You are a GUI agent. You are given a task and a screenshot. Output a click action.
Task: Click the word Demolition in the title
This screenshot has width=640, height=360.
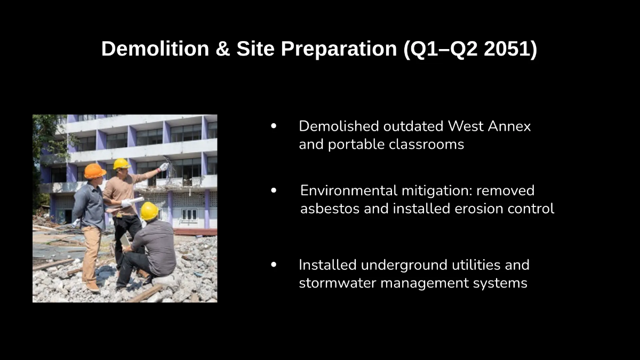coord(155,49)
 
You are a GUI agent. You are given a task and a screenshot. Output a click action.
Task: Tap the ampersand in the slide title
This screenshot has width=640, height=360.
coord(223,49)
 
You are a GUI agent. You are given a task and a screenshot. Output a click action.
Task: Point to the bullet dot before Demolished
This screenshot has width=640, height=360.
coord(274,126)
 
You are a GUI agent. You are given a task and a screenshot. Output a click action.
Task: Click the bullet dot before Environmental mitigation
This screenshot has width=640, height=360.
coord(274,190)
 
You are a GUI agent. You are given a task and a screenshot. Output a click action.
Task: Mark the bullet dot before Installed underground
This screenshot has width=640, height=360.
coord(274,265)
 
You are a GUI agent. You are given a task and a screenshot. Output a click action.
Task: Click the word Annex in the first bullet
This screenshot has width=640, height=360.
coord(509,126)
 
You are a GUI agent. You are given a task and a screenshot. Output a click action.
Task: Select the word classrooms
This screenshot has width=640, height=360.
coord(426,144)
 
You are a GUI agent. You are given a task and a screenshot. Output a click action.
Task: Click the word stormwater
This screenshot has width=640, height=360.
coord(338,283)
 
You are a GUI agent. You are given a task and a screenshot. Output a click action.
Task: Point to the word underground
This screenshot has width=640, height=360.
coord(404,265)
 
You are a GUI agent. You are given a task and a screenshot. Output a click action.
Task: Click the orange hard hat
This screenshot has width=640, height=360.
coord(95,171)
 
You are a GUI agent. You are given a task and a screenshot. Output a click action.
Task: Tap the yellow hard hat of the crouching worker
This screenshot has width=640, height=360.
coord(149,211)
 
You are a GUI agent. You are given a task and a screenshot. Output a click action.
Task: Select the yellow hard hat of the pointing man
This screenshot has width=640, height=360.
coord(122,164)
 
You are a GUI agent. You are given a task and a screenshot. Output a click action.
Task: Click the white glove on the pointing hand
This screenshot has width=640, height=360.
coord(164,166)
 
